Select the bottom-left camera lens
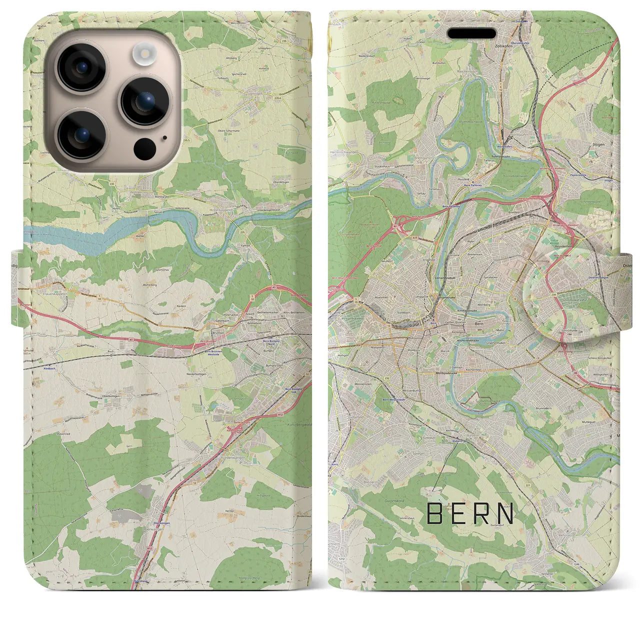81,134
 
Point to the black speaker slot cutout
471,33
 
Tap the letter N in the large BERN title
506,513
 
